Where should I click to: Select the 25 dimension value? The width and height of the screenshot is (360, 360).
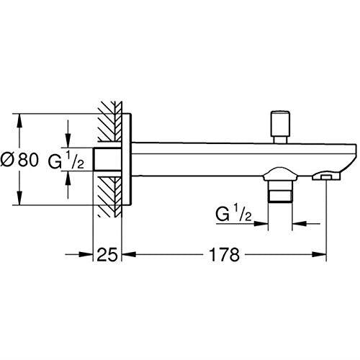click(x=109, y=255)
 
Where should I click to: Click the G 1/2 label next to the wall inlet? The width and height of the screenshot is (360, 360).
click(x=67, y=160)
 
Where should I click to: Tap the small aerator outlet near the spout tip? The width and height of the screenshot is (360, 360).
click(x=328, y=175)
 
